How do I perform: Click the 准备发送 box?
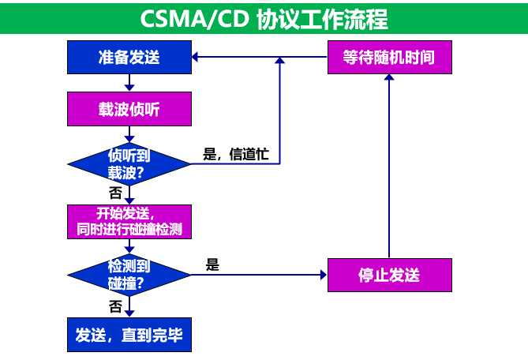coord(129,58)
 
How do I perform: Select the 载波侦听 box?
coord(129,110)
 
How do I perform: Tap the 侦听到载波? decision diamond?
coord(129,163)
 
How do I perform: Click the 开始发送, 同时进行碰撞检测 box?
coord(129,221)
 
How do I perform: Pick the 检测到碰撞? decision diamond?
coord(129,274)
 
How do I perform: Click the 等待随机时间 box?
coord(389,58)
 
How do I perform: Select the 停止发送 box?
coord(389,275)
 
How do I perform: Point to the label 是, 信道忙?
coord(236,155)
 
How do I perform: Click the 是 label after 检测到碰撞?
coord(212,265)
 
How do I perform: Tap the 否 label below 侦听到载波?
coord(115,193)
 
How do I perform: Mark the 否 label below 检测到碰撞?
coord(115,306)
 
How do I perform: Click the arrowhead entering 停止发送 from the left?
coord(322,275)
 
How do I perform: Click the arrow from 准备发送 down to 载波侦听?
coord(129,84)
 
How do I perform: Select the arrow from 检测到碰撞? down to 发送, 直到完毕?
coord(129,307)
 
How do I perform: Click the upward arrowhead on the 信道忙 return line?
coord(280,62)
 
